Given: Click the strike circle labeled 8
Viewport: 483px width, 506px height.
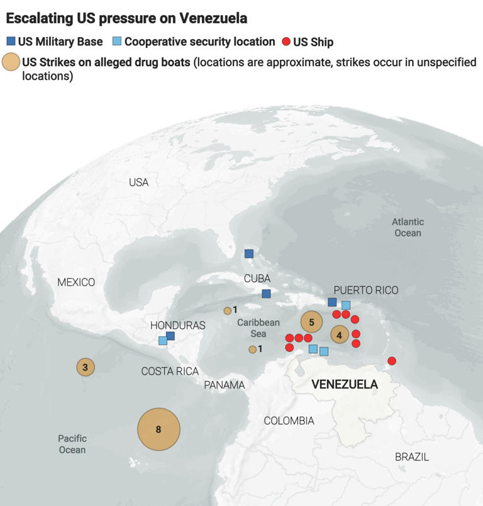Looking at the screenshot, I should [159, 429].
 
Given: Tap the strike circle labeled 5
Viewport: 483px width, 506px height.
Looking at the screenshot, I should [311, 322].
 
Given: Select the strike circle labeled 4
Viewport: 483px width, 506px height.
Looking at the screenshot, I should [340, 335].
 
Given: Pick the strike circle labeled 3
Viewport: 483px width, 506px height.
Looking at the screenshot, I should [86, 366].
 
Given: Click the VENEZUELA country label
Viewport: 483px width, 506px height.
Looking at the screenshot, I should [345, 384].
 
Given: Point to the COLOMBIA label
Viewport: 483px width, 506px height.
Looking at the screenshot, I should [289, 420].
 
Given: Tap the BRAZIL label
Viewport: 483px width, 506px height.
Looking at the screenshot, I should [412, 457].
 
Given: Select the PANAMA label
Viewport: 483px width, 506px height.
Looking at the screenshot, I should [225, 385].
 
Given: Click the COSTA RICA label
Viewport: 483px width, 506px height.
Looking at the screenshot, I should [170, 371].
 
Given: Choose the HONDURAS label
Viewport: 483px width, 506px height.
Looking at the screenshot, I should [178, 325].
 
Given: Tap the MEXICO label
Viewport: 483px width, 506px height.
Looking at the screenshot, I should [76, 282].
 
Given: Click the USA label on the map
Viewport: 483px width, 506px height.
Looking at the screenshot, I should [138, 183].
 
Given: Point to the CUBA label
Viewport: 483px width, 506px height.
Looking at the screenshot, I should [257, 278].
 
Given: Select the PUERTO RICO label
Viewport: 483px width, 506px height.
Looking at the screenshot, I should [366, 290].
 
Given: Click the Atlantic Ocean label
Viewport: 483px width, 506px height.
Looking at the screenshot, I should [408, 227].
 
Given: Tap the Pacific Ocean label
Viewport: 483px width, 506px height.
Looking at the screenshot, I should [72, 444].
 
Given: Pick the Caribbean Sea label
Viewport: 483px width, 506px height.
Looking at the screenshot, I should [258, 328].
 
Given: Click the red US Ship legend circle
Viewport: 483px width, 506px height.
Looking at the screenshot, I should [286, 42].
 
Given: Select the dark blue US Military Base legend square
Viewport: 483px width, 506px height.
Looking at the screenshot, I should [11, 42].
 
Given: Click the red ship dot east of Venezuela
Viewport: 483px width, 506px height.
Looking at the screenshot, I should [392, 361].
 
